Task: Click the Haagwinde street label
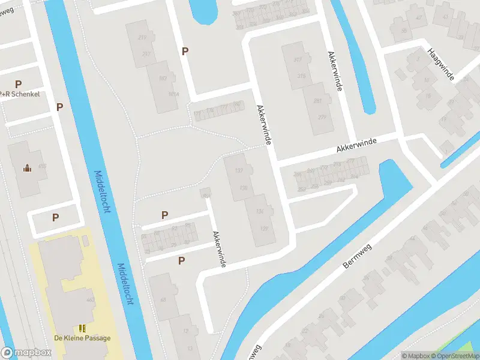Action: pyautogui.click(x=440, y=64)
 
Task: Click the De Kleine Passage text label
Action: pyautogui.click(x=82, y=338)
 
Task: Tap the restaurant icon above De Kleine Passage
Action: pyautogui.click(x=82, y=328)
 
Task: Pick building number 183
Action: pyautogui.click(x=161, y=79)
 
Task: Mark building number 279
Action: pyautogui.click(x=322, y=117)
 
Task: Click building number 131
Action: pyautogui.click(x=260, y=211)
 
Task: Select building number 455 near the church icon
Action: pyautogui.click(x=41, y=166)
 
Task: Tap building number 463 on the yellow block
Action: pyautogui.click(x=91, y=300)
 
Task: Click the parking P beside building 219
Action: pyautogui.click(x=185, y=52)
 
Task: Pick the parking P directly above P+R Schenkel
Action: pyautogui.click(x=18, y=85)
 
